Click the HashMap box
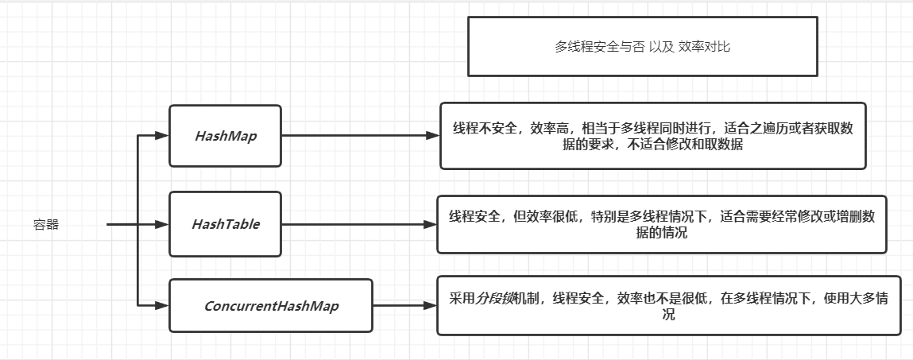pos(225,136)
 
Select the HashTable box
pos(225,224)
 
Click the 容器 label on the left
pos(46,225)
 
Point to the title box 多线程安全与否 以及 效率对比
pos(642,47)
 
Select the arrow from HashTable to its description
pos(358,224)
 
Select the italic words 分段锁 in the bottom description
pos(494,299)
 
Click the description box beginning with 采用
pos(668,306)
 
